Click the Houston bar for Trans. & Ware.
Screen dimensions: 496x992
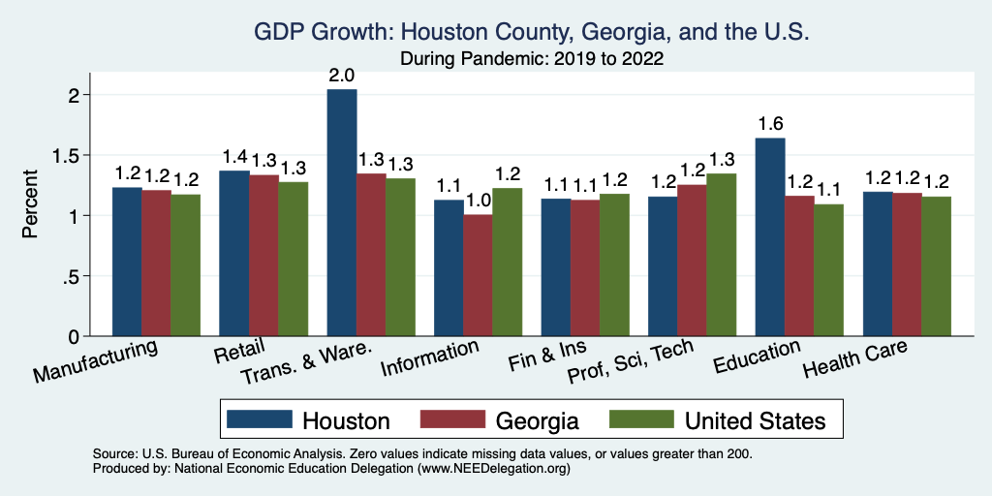coord(342,213)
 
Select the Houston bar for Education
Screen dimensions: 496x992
coord(770,237)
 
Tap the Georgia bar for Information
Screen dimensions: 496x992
coord(478,276)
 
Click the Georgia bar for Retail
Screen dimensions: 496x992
coord(263,256)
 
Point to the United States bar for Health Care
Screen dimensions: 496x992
coord(936,266)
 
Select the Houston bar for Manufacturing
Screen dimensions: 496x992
coord(127,262)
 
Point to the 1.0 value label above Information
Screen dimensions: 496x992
coord(478,201)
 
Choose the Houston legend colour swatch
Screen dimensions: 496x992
coord(259,419)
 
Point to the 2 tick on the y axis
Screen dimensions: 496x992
coord(73,95)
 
